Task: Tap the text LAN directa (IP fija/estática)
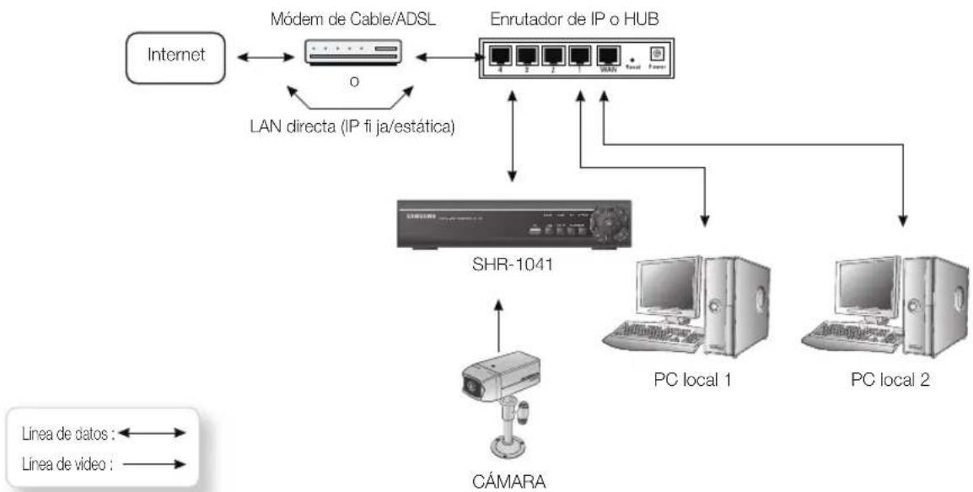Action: [355, 126]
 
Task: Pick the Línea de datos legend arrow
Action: [153, 432]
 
